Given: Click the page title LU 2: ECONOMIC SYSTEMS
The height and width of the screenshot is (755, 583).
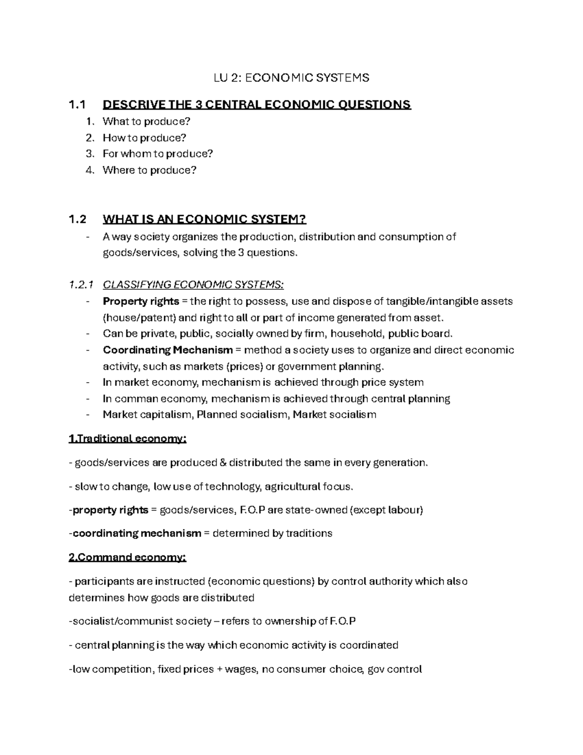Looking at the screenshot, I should (291, 77).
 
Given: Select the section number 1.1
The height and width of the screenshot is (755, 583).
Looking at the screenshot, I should (77, 105).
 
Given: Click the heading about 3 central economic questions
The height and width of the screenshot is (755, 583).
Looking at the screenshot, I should (257, 105).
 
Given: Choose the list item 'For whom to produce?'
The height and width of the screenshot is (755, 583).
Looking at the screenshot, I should (158, 154).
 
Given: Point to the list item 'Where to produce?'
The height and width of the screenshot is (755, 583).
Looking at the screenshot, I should (150, 170).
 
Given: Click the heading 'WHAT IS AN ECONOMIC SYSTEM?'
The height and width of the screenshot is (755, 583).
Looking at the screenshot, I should (205, 219).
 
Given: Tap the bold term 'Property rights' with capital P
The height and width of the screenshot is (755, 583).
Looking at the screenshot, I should (141, 301).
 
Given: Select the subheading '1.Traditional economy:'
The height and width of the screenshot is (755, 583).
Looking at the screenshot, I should (128, 439).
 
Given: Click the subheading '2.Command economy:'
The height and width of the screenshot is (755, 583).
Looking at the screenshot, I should (127, 557).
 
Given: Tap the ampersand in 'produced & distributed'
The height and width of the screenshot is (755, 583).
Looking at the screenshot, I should (223, 463).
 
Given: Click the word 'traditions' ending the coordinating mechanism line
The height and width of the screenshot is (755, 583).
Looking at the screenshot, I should (309, 533).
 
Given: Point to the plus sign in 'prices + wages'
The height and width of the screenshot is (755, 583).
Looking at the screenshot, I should (221, 669).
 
